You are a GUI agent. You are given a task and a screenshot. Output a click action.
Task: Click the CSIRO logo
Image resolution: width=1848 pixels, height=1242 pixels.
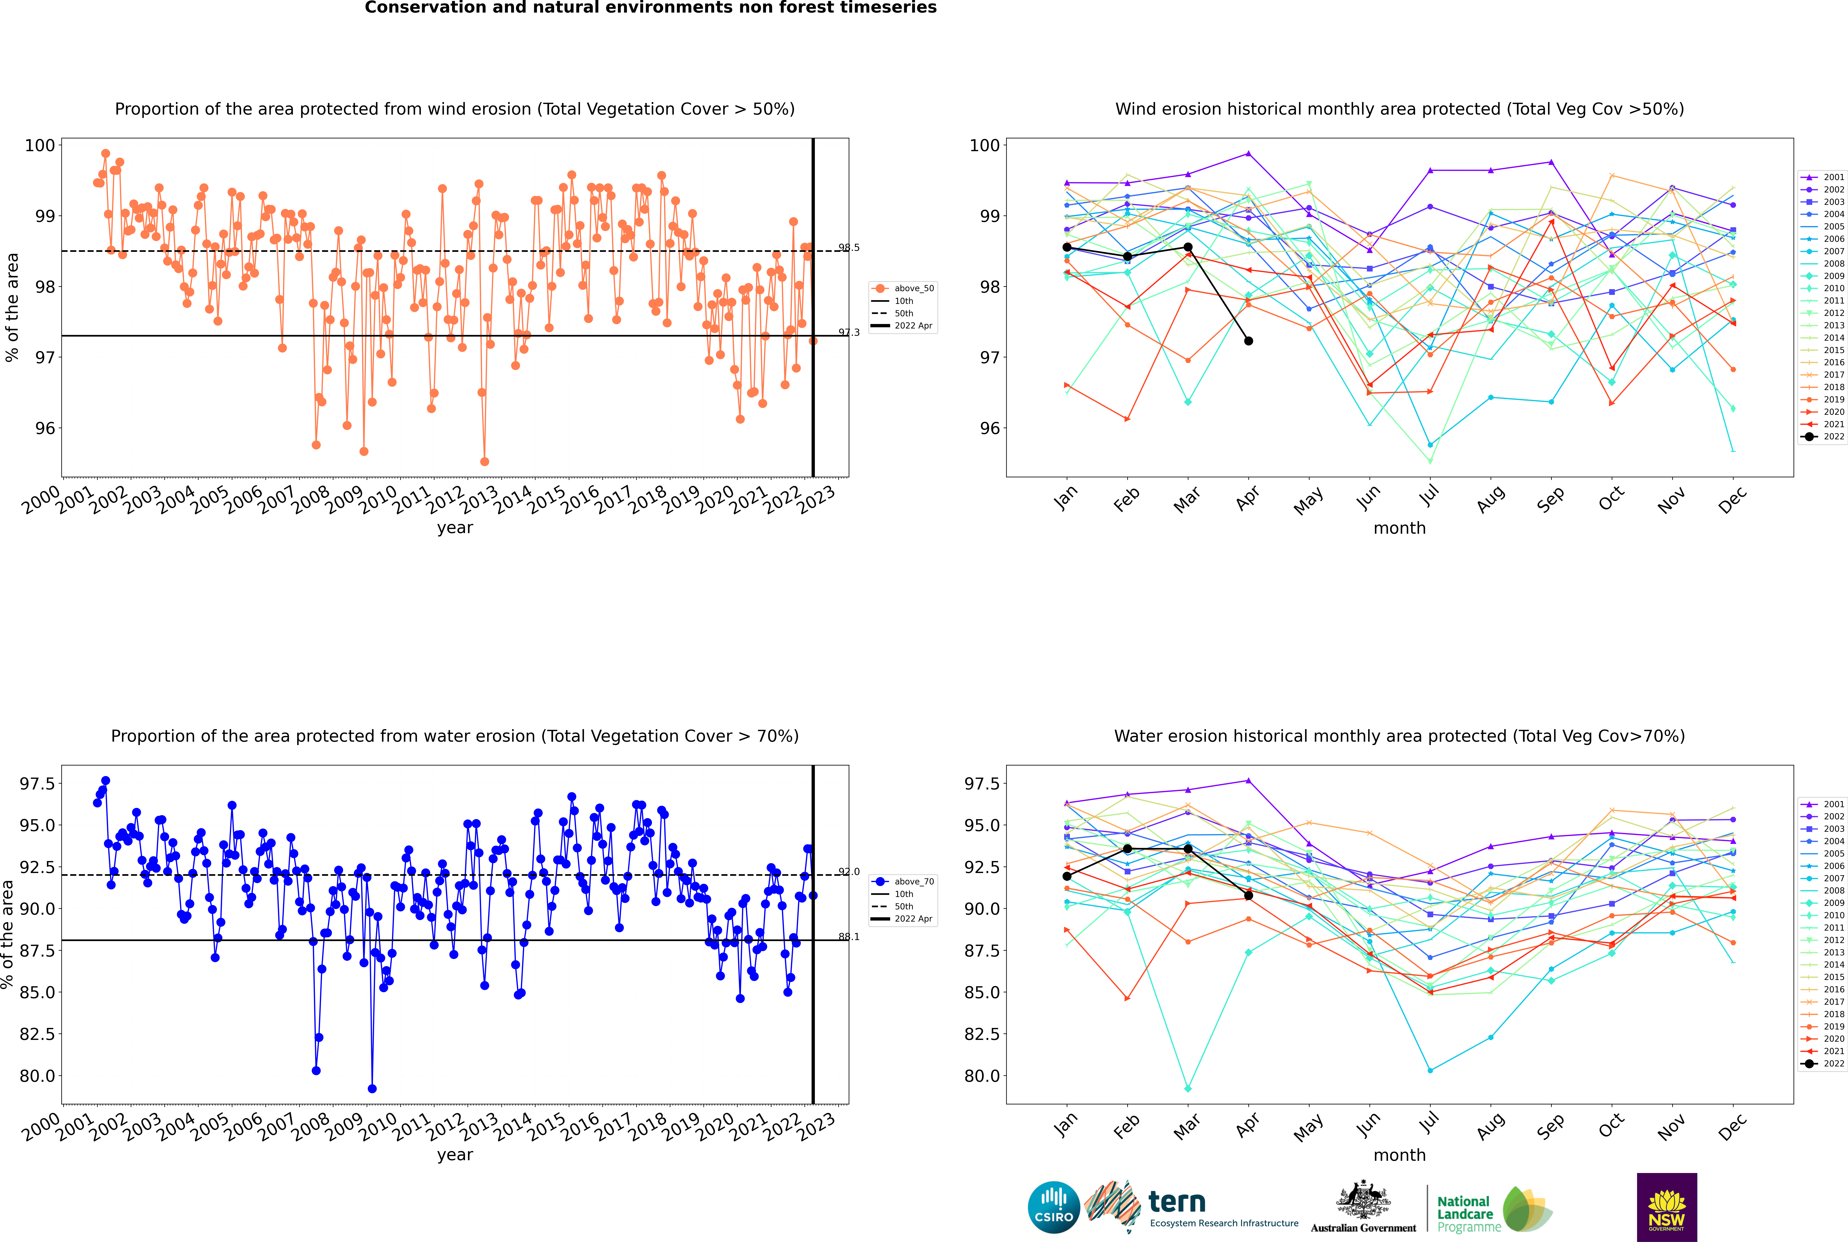(1054, 1207)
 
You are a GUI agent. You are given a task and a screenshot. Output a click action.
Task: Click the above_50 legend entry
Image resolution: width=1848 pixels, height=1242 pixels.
(903, 288)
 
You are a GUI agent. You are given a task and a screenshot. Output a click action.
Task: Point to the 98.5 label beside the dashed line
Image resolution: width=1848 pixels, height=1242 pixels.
(849, 248)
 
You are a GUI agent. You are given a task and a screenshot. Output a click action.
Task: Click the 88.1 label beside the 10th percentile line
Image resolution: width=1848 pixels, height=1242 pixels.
(849, 937)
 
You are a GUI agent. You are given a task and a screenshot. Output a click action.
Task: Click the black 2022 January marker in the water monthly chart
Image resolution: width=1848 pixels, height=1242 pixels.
(1067, 876)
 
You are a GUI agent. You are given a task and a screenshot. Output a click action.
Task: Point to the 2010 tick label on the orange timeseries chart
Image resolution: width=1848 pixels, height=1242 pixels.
(377, 500)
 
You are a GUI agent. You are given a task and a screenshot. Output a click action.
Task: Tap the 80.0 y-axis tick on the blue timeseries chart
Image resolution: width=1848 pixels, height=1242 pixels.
(37, 1076)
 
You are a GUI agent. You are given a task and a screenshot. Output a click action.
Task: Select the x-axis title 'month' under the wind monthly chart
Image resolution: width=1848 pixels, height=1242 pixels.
(1400, 528)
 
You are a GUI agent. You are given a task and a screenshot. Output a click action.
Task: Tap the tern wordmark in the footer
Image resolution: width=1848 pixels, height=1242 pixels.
(1177, 1202)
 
